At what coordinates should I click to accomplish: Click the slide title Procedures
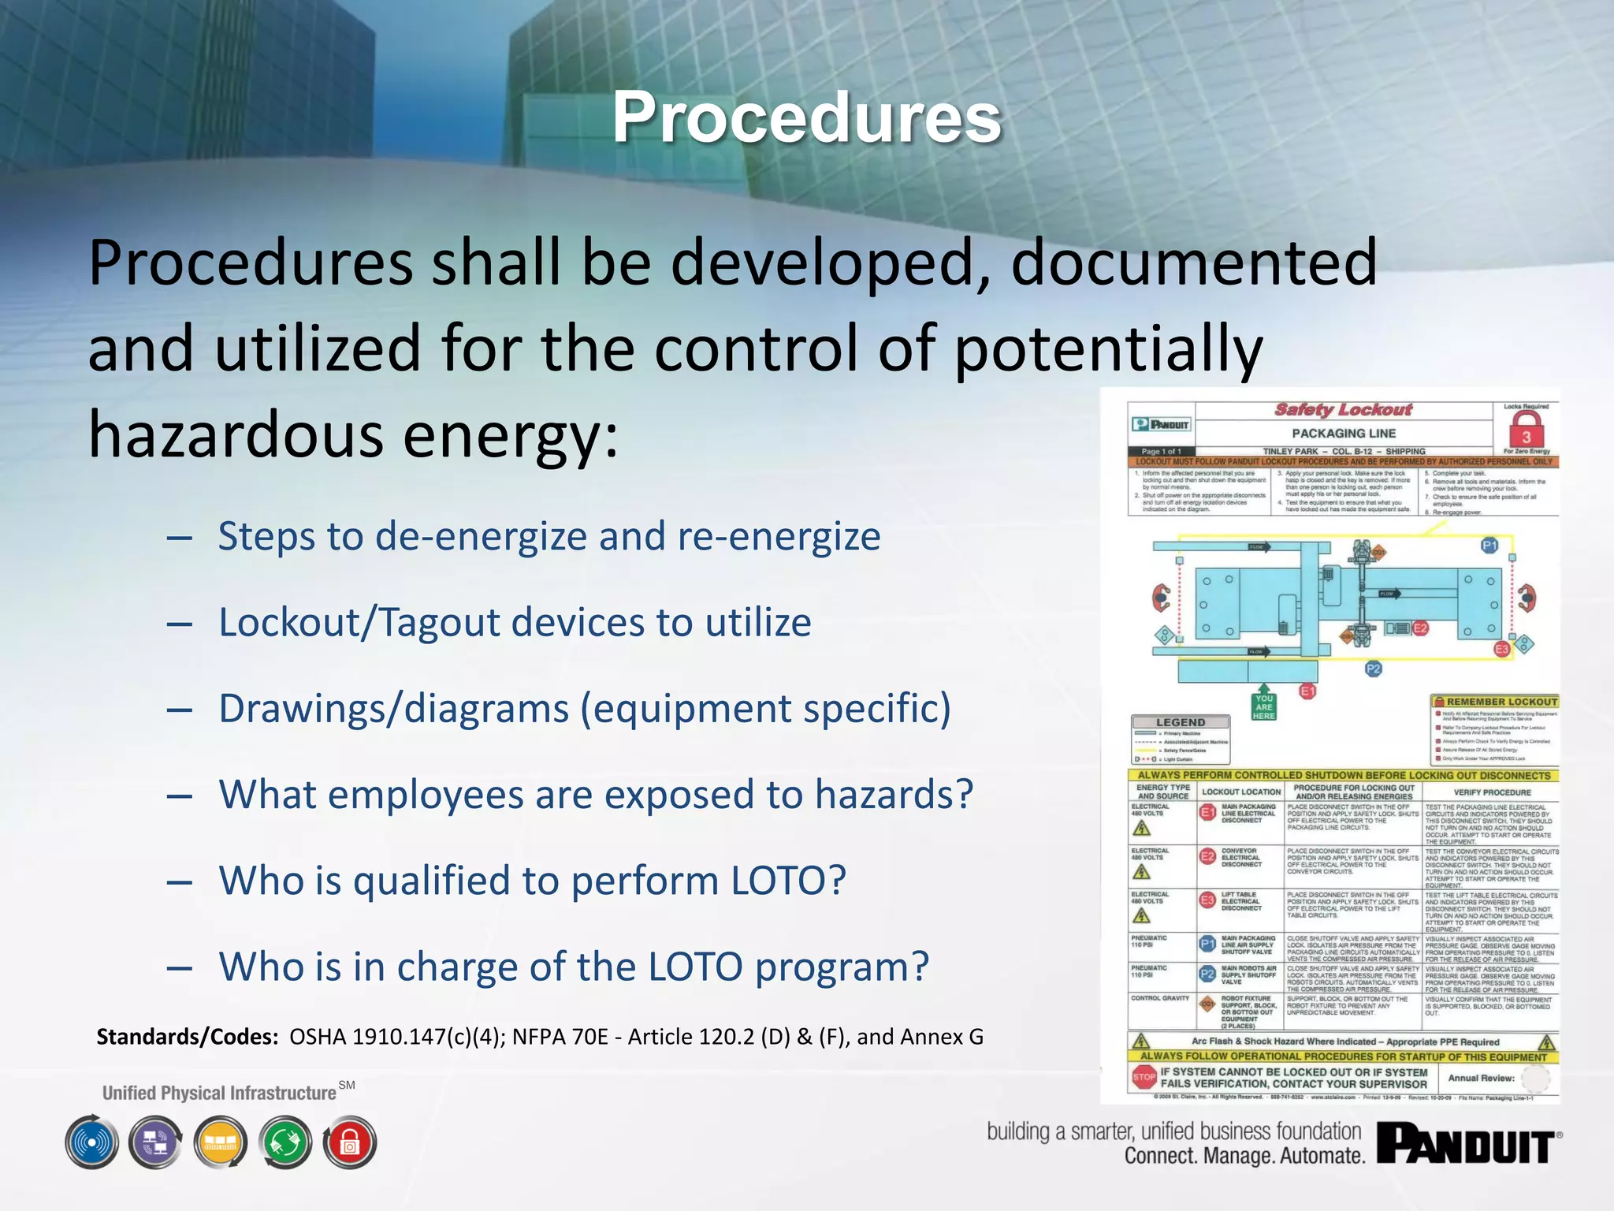pos(806,118)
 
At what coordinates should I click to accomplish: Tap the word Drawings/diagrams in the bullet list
pos(393,708)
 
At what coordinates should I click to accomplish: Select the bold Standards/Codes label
pos(188,1036)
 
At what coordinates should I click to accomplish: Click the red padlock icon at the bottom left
pos(350,1142)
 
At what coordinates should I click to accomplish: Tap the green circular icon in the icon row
pos(285,1142)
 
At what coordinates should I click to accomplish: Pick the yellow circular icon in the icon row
pos(221,1142)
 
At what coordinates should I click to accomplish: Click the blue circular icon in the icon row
pos(92,1142)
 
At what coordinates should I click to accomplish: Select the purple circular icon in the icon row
pos(156,1142)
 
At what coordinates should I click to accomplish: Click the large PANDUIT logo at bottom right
pos(1467,1144)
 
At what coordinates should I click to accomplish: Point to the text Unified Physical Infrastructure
pos(219,1093)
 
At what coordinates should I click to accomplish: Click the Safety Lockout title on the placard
pos(1344,410)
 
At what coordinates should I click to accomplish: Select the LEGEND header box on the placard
pos(1180,722)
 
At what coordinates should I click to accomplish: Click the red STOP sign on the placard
pos(1144,1077)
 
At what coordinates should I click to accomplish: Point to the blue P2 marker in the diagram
pos(1373,669)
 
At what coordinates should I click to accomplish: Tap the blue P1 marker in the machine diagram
pos(1489,546)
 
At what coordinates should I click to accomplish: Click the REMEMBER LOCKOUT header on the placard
pos(1495,702)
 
